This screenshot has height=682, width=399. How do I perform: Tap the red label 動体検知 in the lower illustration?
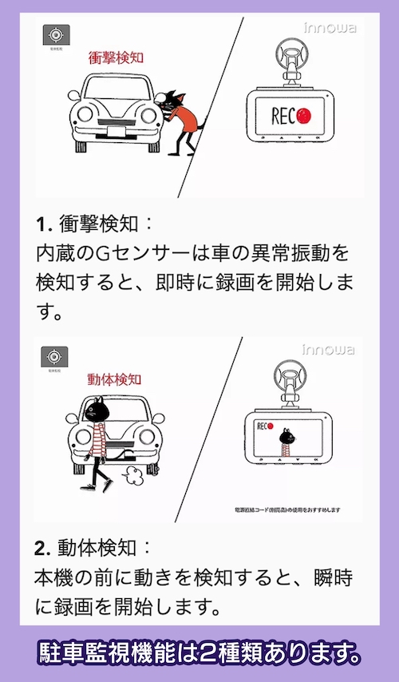tap(115, 378)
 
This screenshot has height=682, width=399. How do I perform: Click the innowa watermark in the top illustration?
tap(330, 28)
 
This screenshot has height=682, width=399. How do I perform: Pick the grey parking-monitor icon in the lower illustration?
tap(56, 357)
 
